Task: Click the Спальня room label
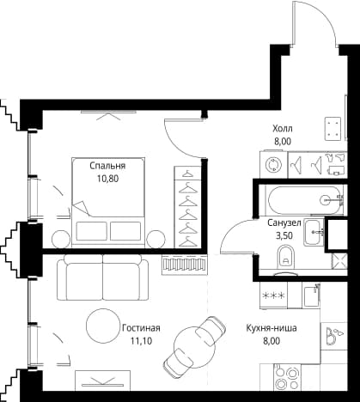tap(107, 166)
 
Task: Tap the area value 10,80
tap(107, 179)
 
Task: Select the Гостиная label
tap(141, 328)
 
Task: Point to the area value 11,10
tap(141, 341)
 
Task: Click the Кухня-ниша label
tap(272, 328)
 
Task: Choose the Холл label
tap(283, 129)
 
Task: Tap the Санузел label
tap(284, 222)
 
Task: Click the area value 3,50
tap(284, 235)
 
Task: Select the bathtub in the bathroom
tap(305, 200)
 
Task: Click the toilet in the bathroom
tap(286, 257)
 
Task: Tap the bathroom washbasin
tap(314, 232)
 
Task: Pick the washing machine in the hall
tap(273, 165)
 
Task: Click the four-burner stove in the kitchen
tap(287, 378)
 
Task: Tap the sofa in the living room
tap(103, 277)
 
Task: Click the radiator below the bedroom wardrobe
tap(185, 265)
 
